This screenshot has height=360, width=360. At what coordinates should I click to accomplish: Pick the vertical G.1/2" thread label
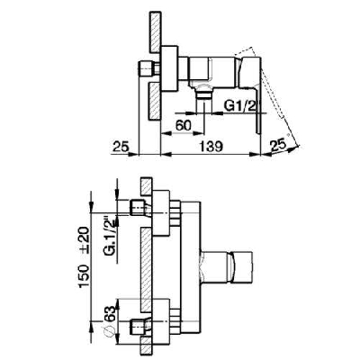pos(108,243)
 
